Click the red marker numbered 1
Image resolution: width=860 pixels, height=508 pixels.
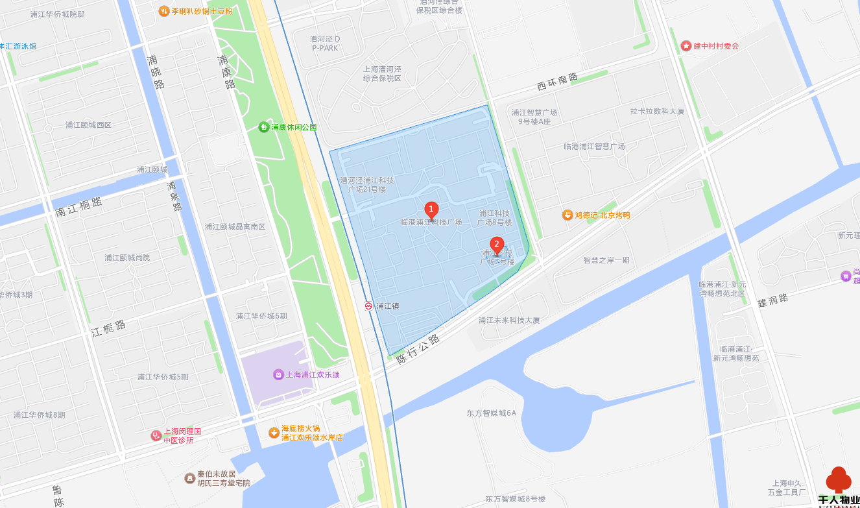pyautogui.click(x=431, y=210)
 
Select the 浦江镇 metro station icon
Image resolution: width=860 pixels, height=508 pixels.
pyautogui.click(x=369, y=306)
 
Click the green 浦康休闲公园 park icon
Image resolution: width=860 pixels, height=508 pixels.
pyautogui.click(x=264, y=127)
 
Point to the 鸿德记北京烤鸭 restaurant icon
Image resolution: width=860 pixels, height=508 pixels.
pyautogui.click(x=567, y=215)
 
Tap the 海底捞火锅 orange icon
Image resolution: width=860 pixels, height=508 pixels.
pyautogui.click(x=274, y=433)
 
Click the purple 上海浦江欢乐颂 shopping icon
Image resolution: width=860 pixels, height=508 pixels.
pyautogui.click(x=278, y=374)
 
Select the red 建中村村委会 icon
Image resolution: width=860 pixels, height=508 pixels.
pyautogui.click(x=686, y=45)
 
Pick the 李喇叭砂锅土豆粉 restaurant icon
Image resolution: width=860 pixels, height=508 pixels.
pyautogui.click(x=164, y=11)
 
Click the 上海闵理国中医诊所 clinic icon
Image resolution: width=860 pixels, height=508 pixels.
pyautogui.click(x=156, y=435)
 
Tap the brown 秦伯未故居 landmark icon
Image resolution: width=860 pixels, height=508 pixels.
pyautogui.click(x=189, y=478)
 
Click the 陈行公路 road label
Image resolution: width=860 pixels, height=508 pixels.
pyautogui.click(x=418, y=348)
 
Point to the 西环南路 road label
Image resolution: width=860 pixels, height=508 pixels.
pyautogui.click(x=556, y=81)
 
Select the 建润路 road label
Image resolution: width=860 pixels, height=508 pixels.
pyautogui.click(x=773, y=300)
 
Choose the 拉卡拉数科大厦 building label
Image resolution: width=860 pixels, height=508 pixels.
pyautogui.click(x=657, y=111)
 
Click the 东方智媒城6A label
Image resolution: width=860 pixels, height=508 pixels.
pyautogui.click(x=491, y=413)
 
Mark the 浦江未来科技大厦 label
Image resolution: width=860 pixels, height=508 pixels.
pyautogui.click(x=509, y=320)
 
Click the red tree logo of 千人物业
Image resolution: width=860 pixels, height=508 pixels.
pyautogui.click(x=838, y=480)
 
